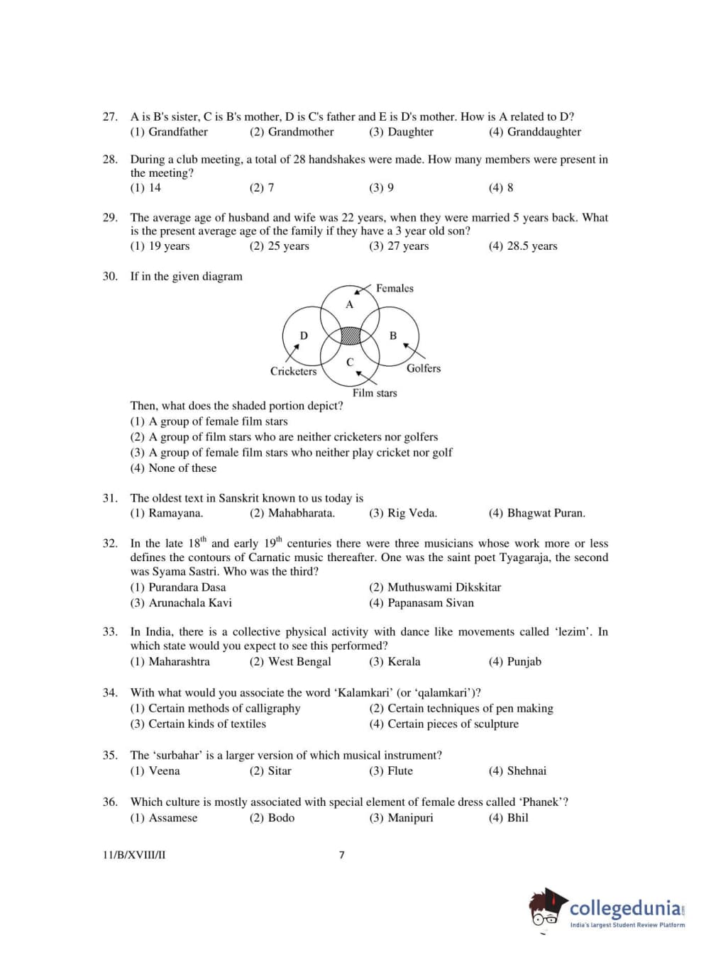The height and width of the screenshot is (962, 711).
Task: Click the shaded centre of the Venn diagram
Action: click(351, 335)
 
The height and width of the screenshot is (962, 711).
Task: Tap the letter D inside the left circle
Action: click(304, 336)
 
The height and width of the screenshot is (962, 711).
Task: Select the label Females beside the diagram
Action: click(395, 288)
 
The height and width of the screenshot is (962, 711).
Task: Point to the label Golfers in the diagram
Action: click(424, 368)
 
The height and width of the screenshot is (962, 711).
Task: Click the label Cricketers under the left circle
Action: click(293, 371)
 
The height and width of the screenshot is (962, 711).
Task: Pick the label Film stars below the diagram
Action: click(375, 393)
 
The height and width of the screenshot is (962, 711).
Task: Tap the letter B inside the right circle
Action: click(393, 336)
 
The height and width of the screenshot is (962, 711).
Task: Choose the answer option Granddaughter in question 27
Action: click(543, 132)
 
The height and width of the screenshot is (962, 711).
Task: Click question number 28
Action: click(110, 160)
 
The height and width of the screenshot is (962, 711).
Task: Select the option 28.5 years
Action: click(531, 246)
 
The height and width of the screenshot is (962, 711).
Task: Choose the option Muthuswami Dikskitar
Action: click(443, 587)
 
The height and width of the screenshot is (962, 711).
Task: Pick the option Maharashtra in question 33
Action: click(179, 662)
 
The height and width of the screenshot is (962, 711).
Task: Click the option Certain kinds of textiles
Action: click(206, 724)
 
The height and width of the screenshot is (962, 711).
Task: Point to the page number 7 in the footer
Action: click(342, 855)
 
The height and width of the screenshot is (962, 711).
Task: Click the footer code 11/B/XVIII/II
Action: click(134, 855)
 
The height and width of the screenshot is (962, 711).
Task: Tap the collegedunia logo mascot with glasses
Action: click(546, 907)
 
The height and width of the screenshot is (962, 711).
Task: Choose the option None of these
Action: click(182, 468)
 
